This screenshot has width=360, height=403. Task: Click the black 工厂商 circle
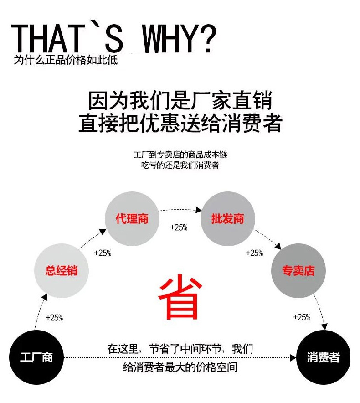click(36, 357)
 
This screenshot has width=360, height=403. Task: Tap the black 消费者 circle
click(323, 357)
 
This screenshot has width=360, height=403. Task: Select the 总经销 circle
click(62, 271)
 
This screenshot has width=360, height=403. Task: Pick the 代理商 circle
click(132, 219)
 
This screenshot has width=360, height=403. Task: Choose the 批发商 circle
click(227, 219)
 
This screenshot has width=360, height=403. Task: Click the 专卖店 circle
click(298, 271)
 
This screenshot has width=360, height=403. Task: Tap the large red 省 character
click(180, 296)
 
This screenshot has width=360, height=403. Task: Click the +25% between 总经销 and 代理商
click(103, 253)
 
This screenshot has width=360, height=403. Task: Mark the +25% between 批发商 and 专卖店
click(254, 253)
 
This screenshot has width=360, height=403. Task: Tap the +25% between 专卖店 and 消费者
click(302, 317)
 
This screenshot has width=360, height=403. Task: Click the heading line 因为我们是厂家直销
click(180, 100)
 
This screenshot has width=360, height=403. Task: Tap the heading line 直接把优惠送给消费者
click(180, 123)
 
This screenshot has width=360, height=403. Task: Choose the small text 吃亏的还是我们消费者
click(180, 165)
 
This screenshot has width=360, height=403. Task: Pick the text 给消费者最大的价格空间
click(180, 367)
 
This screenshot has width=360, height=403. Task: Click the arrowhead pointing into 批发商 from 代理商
click(199, 210)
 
